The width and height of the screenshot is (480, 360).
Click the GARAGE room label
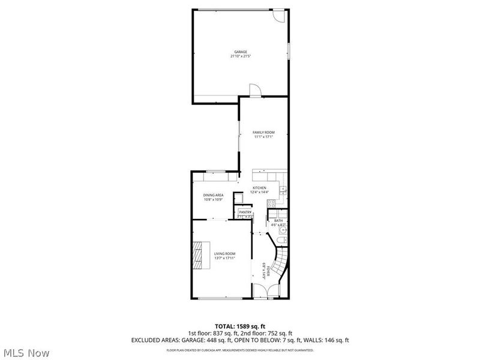coord(240,52)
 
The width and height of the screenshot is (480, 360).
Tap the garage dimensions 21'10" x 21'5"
coord(240,57)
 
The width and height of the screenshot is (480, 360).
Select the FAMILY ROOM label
coord(263,132)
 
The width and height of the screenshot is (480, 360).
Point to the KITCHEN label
coord(259,188)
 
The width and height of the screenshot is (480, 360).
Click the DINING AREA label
coord(213,195)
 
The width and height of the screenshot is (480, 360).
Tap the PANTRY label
coord(245,212)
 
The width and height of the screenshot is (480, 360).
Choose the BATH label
coord(278,221)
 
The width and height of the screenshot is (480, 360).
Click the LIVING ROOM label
coord(224,254)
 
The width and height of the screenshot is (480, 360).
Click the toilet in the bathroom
coord(281,241)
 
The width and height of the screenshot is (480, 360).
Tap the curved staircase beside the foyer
coord(281,264)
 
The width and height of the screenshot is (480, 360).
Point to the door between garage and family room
coord(256,91)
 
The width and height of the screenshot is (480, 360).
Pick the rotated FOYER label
coord(264,268)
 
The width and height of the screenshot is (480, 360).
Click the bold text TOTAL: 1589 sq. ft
coord(240,326)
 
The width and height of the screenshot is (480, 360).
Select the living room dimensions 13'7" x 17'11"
coord(224,259)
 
